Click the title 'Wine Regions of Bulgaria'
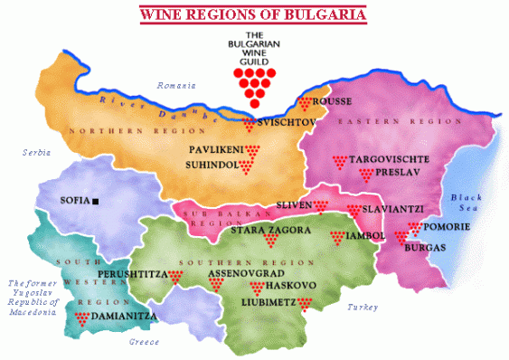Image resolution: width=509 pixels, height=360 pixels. click(x=252, y=15)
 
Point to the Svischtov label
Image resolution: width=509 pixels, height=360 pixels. click(x=286, y=121)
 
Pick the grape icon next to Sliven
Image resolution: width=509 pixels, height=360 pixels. click(x=320, y=207)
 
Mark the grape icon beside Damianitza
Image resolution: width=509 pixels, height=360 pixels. click(x=81, y=317)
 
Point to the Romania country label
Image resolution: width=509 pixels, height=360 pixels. click(x=176, y=86)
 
